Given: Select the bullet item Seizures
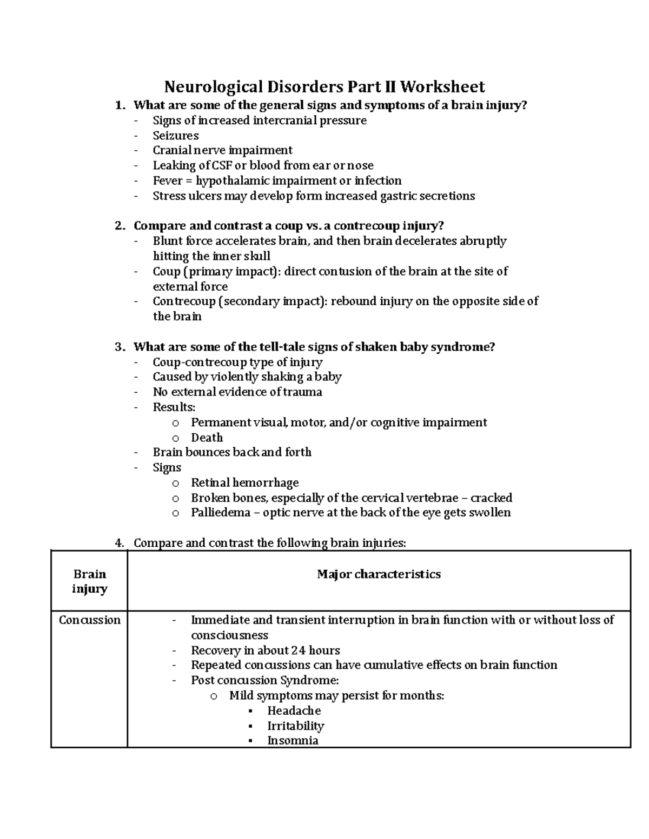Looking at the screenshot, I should pyautogui.click(x=175, y=136).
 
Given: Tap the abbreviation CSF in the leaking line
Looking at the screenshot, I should pyautogui.click(x=222, y=165).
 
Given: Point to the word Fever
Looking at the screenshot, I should pyautogui.click(x=168, y=180).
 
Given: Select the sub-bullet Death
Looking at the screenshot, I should pyautogui.click(x=207, y=438).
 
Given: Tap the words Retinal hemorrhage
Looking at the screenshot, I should pyautogui.click(x=244, y=482).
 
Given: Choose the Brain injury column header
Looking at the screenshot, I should pyautogui.click(x=89, y=581).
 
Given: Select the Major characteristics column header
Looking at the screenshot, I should pyautogui.click(x=379, y=574).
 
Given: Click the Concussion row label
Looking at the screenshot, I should pyautogui.click(x=89, y=620).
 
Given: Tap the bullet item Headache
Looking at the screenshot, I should pyautogui.click(x=294, y=711).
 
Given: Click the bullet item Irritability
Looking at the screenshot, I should pyautogui.click(x=295, y=726).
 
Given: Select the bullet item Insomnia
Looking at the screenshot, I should pyautogui.click(x=293, y=741).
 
